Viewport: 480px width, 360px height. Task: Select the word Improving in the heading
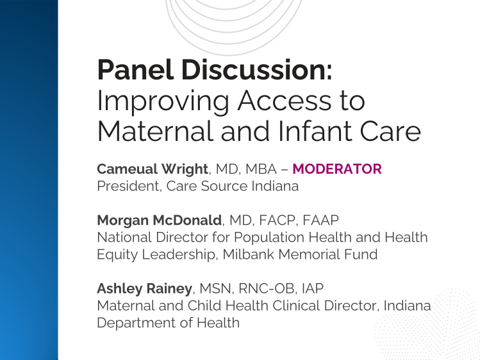click(x=157, y=101)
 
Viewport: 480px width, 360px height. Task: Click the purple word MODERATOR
click(x=337, y=169)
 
